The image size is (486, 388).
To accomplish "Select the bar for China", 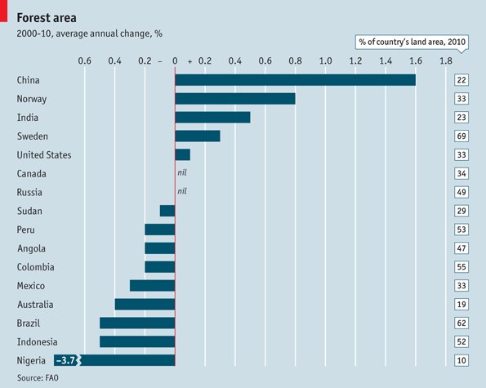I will tap(295, 80).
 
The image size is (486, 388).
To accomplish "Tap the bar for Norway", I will tap(235, 99).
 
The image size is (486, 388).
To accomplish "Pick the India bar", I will tap(212, 118).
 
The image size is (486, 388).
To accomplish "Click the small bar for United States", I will tap(183, 154).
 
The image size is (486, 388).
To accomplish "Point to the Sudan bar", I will tap(167, 211).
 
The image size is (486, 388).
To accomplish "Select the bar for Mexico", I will tap(153, 286).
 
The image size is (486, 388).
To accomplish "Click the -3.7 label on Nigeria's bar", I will tap(65, 360).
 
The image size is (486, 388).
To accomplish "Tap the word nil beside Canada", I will tap(183, 173).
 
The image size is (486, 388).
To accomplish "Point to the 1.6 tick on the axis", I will tap(415, 61).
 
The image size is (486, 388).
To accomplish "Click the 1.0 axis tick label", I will tap(325, 61).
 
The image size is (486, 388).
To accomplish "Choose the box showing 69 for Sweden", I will tap(461, 136).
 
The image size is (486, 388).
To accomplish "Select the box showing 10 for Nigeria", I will tap(461, 360).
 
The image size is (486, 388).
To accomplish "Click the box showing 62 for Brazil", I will tap(461, 323).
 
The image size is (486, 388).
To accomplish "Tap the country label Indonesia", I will tap(38, 341).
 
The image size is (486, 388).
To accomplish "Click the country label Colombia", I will tap(37, 267).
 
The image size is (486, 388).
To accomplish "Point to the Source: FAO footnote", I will tap(38, 377).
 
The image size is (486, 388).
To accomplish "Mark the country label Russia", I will tap(30, 192).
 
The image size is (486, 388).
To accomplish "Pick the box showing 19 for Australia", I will tap(461, 304).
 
